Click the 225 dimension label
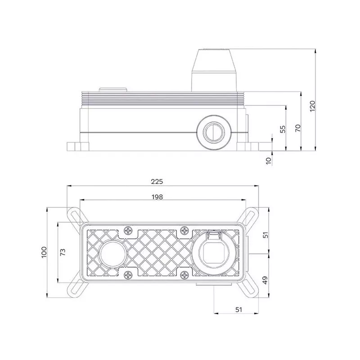157,182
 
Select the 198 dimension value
157,197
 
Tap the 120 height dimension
312,106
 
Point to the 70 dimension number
297,128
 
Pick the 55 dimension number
283,129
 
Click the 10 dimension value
268,161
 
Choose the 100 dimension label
44,252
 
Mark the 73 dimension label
63,252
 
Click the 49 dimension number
265,280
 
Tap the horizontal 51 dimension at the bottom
239,310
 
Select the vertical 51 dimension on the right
265,235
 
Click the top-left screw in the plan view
128,230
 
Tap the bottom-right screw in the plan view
184,274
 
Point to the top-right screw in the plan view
184,230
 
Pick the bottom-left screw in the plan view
128,274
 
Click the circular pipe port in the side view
214,132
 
